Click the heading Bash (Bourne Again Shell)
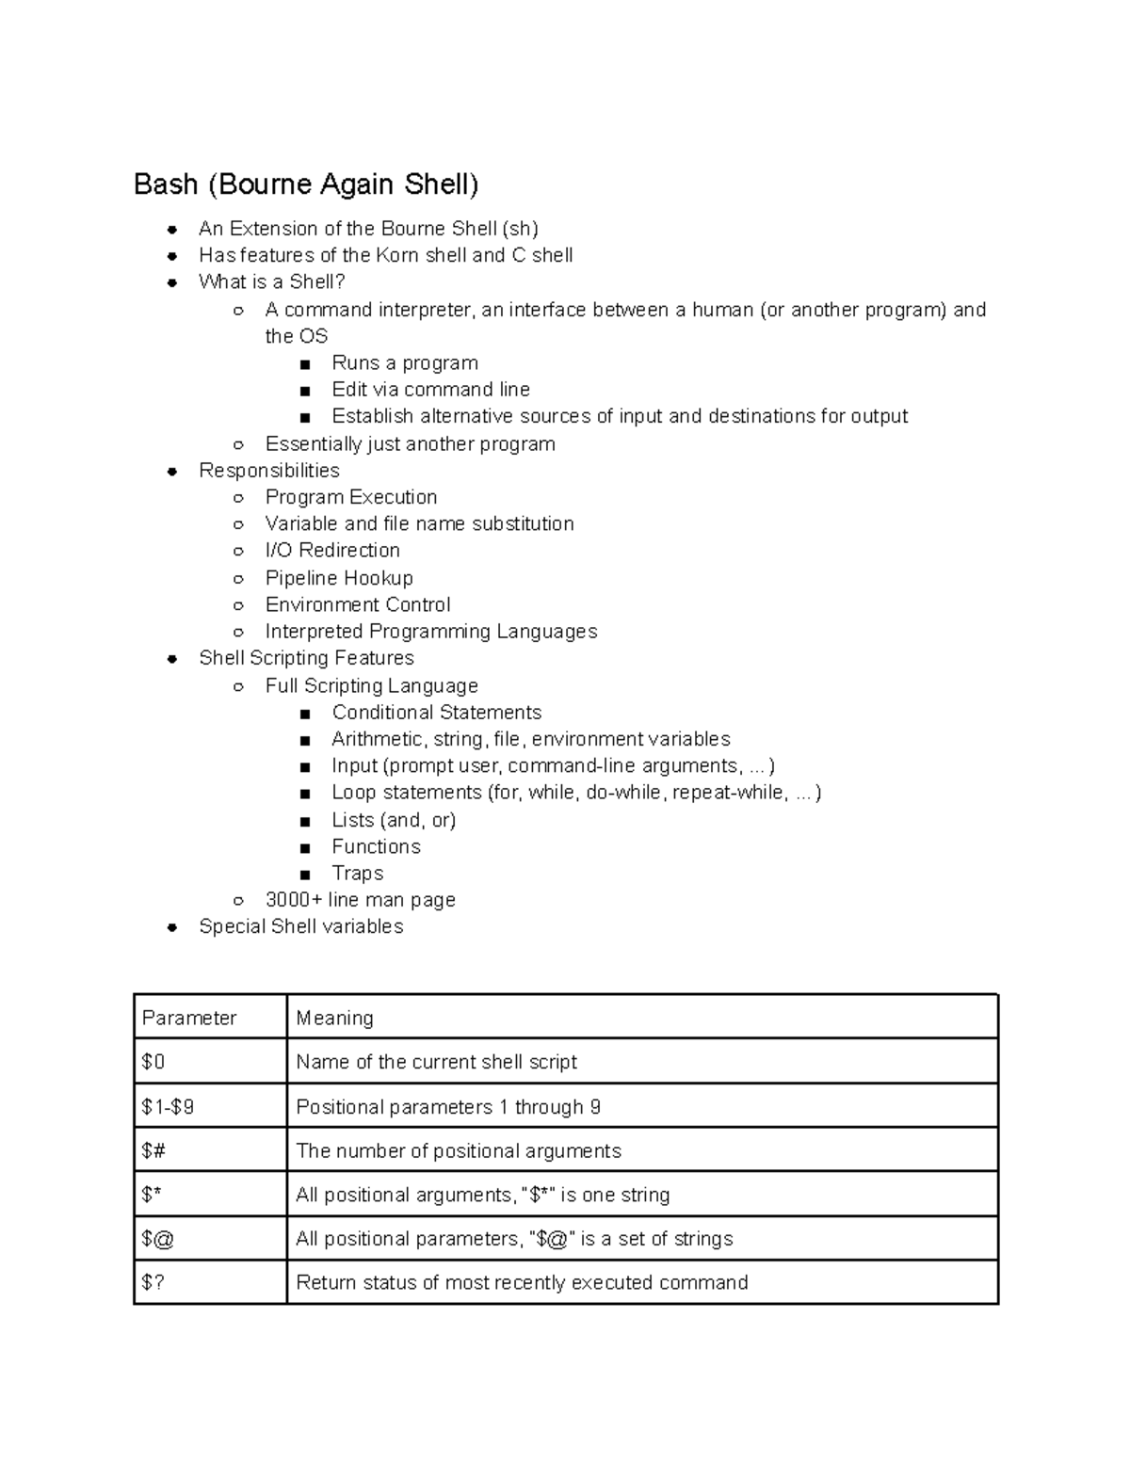pyautogui.click(x=306, y=184)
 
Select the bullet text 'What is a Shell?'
pyautogui.click(x=272, y=281)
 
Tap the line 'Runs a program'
pyautogui.click(x=405, y=363)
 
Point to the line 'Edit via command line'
pyautogui.click(x=430, y=390)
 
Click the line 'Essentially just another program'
pyautogui.click(x=410, y=443)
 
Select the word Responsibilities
pyautogui.click(x=269, y=470)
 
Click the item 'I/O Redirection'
pyautogui.click(x=332, y=550)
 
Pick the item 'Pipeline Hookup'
pyautogui.click(x=339, y=577)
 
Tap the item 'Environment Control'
pyautogui.click(x=358, y=604)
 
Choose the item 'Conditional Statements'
pyautogui.click(x=436, y=713)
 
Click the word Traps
pyautogui.click(x=358, y=874)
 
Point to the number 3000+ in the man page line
pyautogui.click(x=294, y=900)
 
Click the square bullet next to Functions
pyautogui.click(x=305, y=847)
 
